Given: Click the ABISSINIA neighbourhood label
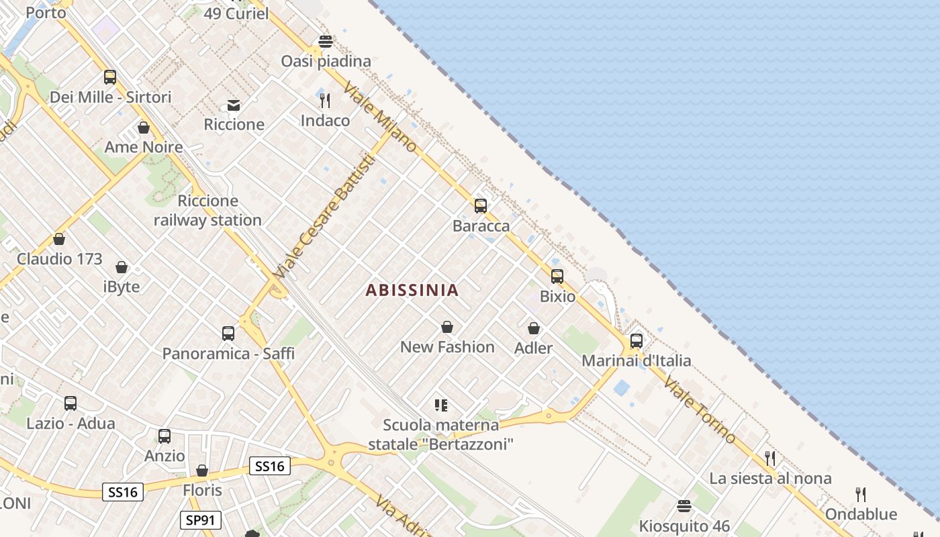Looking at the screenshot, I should coord(412,290).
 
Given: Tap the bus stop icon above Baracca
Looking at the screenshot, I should coord(480,206).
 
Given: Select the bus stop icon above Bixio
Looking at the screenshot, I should coord(557,277).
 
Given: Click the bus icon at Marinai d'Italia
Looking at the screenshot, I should coord(636,341).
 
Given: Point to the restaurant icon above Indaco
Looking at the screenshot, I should coord(325,101).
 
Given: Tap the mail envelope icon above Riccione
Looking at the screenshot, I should coord(234,105).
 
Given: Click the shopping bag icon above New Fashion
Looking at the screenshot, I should coord(446,327).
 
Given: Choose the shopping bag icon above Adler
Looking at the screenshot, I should coord(533,328).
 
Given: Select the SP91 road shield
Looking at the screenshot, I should coord(200,520).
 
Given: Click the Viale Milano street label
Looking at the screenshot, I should coord(380,118).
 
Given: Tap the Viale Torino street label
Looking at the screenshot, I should coord(699,410).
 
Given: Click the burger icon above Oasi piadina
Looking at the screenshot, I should coord(326,42).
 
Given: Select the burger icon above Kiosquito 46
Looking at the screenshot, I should coord(684,505).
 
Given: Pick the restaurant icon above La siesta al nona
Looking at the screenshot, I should coord(769,458).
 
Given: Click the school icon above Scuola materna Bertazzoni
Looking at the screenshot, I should coord(440,405).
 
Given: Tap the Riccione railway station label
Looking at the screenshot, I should coord(207,210).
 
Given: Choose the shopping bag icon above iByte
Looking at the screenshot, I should coord(122,267).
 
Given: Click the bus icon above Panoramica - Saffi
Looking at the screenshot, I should coord(228,334).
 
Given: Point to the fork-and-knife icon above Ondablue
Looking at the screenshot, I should coord(860,495).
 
